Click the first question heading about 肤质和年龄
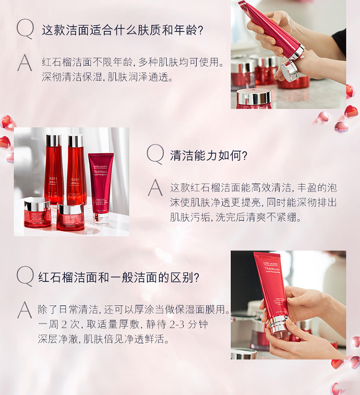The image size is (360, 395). [122, 30]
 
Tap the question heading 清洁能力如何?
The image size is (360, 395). [209, 156]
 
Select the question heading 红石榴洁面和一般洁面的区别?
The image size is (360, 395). [119, 277]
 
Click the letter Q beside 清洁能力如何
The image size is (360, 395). [155, 154]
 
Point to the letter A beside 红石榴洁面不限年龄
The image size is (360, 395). [24, 63]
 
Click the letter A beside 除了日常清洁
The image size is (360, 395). [24, 310]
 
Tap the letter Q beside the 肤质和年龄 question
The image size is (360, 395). [25, 29]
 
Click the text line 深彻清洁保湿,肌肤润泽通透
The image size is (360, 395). [108, 77]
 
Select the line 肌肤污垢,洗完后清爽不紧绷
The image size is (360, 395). [236, 217]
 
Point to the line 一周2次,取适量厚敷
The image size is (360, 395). [123, 324]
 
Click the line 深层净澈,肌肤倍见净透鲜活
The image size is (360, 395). [104, 339]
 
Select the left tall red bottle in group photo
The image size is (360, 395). [54, 168]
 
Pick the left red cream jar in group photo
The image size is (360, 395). [37, 212]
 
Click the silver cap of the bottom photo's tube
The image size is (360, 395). [278, 326]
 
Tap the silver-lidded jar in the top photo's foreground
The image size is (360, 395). [254, 99]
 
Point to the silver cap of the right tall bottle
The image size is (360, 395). [75, 141]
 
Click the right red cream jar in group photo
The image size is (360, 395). [70, 216]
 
